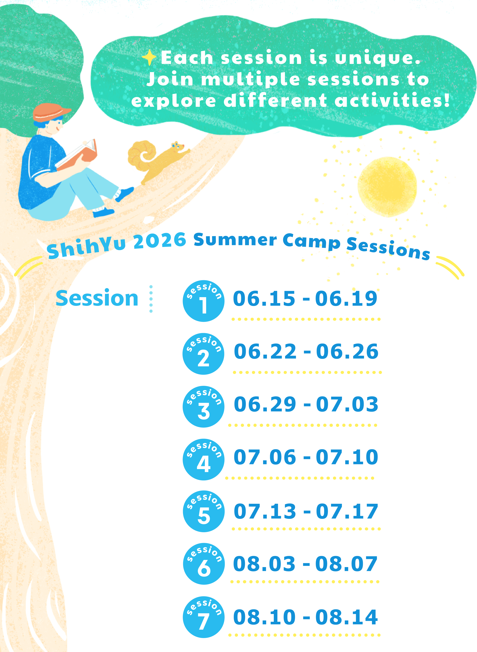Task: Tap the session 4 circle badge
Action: coord(204,459)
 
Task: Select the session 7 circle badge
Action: coord(204,617)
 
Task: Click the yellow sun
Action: coord(387,187)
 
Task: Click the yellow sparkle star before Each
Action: coord(149,57)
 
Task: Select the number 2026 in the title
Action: coord(160,241)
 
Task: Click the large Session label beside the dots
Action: coord(97,298)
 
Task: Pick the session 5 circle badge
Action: coord(204,511)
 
